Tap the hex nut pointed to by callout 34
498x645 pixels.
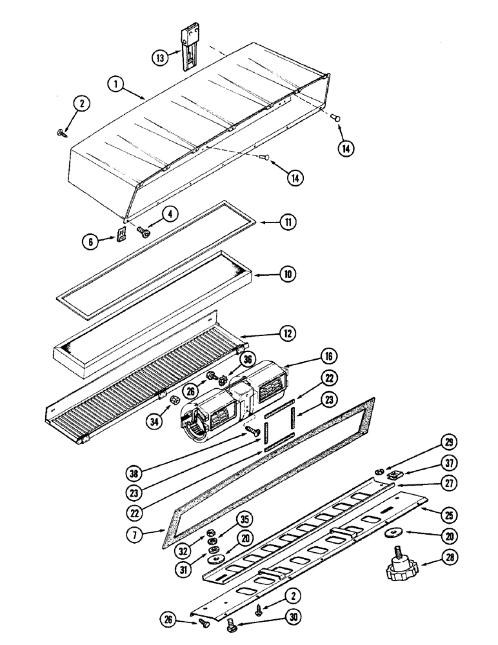click(x=173, y=402)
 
